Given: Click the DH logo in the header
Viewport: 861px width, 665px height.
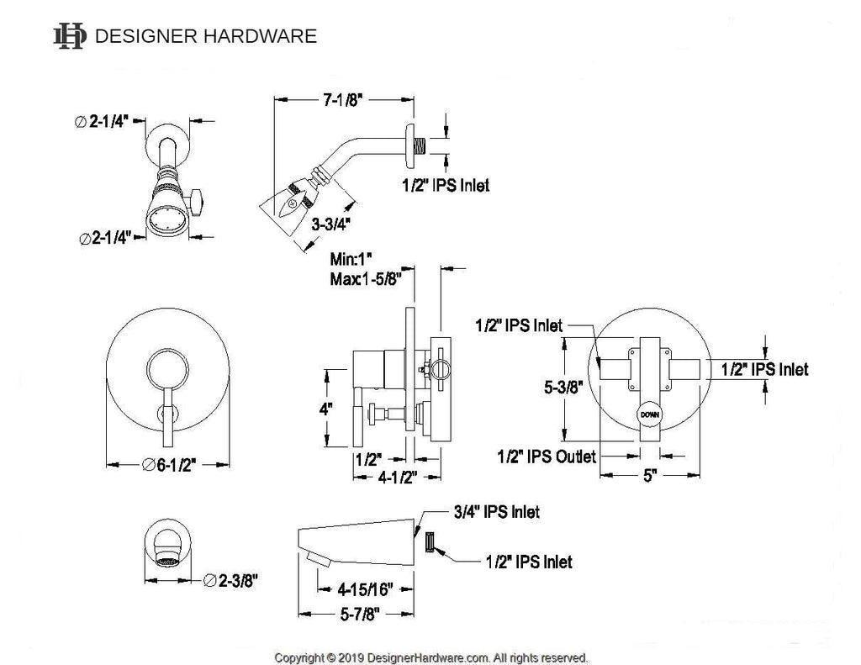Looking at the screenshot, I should [69, 35].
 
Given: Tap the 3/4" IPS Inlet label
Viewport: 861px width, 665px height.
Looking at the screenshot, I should [495, 510].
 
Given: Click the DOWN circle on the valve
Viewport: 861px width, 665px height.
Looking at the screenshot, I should [649, 414].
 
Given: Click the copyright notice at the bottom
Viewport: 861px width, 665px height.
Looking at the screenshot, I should [431, 657].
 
